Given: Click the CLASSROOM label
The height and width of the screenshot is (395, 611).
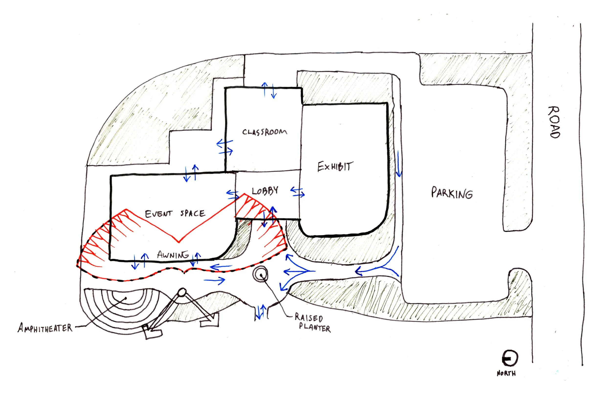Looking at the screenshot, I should pos(265,132).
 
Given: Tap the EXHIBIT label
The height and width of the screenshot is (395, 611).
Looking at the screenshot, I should pos(335,166).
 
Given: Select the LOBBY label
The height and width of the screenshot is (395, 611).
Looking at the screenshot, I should pos(265,191).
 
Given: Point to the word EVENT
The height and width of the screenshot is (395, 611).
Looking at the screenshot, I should pos(158,214).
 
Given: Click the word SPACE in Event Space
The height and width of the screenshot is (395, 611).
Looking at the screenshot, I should pos(193,213).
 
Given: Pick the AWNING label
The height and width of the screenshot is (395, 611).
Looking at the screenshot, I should pos(173,255).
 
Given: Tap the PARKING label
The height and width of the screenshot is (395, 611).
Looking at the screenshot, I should pos(452,193).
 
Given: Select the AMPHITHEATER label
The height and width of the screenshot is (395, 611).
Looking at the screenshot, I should pos(45,328).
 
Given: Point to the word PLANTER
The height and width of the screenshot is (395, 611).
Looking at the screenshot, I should pos(315,328).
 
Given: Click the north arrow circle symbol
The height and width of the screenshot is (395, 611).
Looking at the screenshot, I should pos(510,358).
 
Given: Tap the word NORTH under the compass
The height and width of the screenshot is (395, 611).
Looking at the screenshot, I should pos(506,374).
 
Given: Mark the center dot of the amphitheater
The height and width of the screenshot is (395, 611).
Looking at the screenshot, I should pos(126,298).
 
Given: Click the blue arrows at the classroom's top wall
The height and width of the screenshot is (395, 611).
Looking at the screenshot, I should pos(269,90).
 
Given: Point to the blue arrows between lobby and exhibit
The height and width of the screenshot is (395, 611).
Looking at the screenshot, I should pos(297,192).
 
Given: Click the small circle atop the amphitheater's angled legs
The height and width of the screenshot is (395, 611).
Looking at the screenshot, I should pos(182,292).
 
